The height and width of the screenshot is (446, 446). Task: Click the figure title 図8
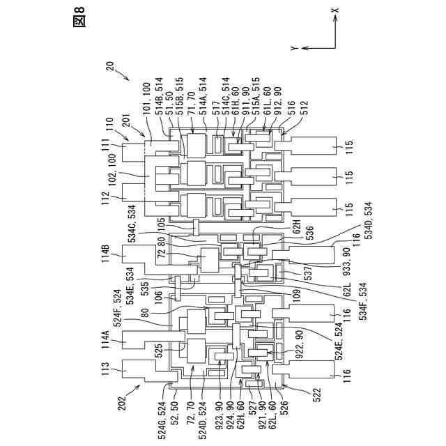tap(79, 21)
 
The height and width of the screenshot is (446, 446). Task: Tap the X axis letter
tap(335, 10)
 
